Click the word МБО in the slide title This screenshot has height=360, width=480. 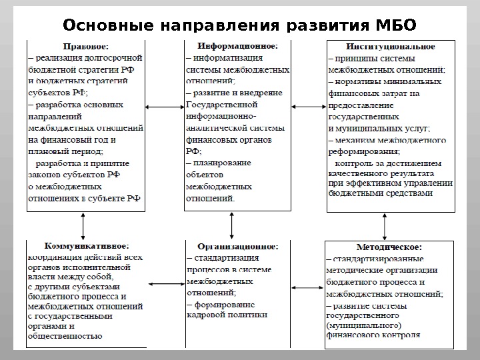click(395, 25)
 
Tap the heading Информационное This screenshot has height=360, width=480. click(238, 47)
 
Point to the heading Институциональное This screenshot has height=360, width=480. click(391, 47)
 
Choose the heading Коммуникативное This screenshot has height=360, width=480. click(87, 246)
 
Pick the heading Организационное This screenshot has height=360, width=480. click(237, 246)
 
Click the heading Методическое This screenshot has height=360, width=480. click(389, 247)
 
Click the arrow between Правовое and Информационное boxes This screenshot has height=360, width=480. click(165, 107)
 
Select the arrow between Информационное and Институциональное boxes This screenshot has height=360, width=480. click(308, 107)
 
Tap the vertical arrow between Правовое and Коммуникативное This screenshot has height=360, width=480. click(84, 226)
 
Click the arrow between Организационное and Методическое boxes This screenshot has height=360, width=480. click(307, 287)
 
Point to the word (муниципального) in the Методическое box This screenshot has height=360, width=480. click(363, 325)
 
